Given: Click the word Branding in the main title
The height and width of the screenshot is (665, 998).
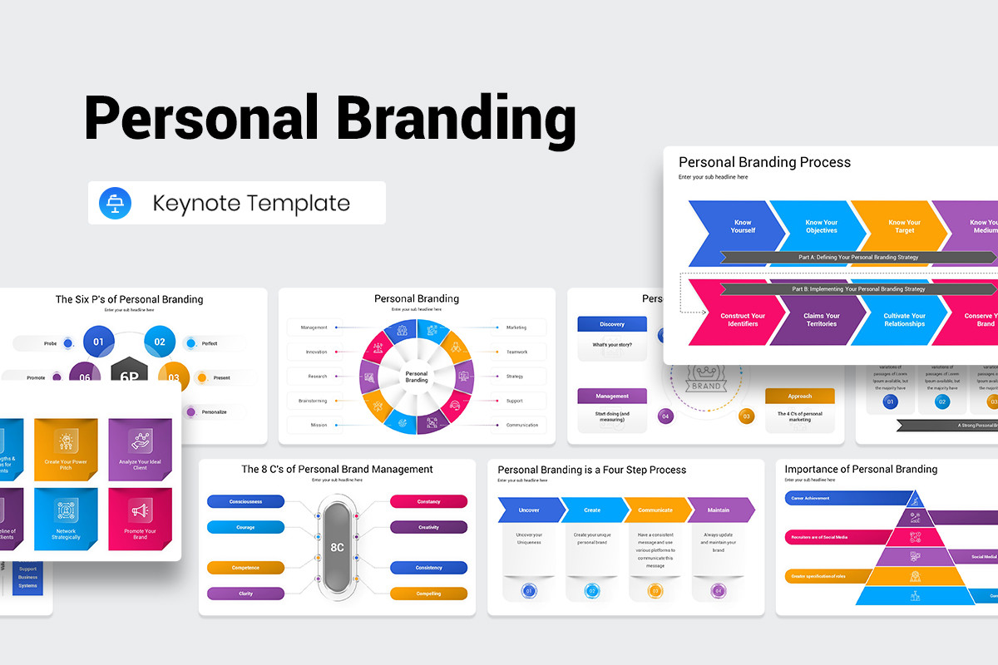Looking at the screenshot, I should click(456, 118).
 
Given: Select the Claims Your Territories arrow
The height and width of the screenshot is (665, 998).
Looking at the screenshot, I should click(821, 319).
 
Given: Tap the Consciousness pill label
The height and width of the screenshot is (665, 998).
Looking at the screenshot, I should click(245, 501).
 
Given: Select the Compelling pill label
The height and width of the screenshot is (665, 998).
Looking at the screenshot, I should click(428, 594).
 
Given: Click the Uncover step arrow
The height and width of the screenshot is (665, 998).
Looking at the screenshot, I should click(529, 510).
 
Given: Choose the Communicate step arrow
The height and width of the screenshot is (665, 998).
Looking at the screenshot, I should click(655, 510).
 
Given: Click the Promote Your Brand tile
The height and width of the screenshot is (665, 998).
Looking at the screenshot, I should click(140, 519).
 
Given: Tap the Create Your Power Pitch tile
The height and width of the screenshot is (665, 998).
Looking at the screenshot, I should click(66, 449).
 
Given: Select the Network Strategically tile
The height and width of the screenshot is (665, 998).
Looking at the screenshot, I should click(66, 519).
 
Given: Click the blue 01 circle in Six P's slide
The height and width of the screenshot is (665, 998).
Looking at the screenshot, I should click(98, 342).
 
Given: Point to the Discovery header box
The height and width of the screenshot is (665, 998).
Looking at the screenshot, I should click(612, 324).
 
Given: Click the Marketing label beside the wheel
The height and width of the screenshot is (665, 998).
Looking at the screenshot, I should click(517, 328).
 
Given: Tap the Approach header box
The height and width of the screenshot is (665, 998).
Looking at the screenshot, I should click(799, 397).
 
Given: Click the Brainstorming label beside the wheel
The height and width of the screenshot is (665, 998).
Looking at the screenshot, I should click(314, 401).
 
